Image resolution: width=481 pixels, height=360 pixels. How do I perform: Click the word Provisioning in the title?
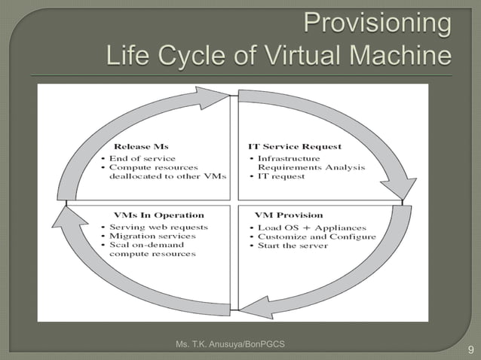pyautogui.click(x=378, y=24)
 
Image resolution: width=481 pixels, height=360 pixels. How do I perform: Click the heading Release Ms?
pyautogui.click(x=141, y=146)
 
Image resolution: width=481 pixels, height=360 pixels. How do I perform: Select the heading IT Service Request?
pyautogui.click(x=295, y=146)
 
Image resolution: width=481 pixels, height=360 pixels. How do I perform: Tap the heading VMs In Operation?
pyautogui.click(x=153, y=215)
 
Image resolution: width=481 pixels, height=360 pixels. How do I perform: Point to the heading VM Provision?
pyautogui.click(x=289, y=215)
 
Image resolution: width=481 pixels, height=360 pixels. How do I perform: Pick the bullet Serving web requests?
pyautogui.click(x=158, y=227)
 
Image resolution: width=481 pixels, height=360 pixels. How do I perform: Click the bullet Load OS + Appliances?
pyautogui.click(x=311, y=227)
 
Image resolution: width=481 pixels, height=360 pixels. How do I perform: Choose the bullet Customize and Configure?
pyautogui.click(x=317, y=236)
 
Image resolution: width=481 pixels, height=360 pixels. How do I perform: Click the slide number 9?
pyautogui.click(x=470, y=349)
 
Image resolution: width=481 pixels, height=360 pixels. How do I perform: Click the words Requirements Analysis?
pyautogui.click(x=311, y=167)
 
